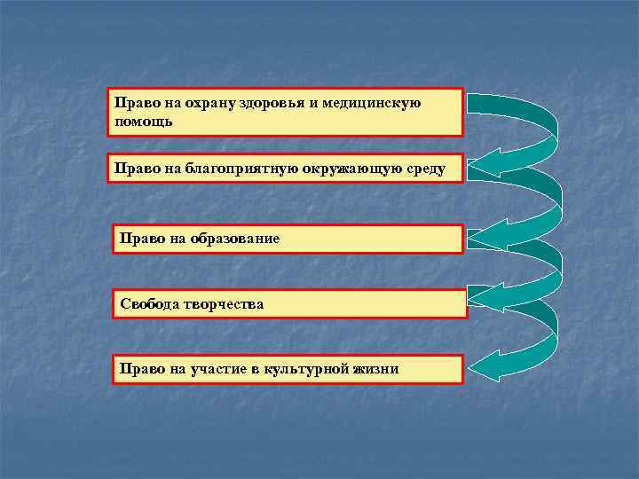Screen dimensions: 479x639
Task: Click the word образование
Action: [x=229, y=239]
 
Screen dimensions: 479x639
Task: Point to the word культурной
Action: [x=304, y=368]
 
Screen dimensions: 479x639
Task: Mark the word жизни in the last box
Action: [x=376, y=368]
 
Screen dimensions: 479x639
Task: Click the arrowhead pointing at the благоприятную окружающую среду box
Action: [x=484, y=163]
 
